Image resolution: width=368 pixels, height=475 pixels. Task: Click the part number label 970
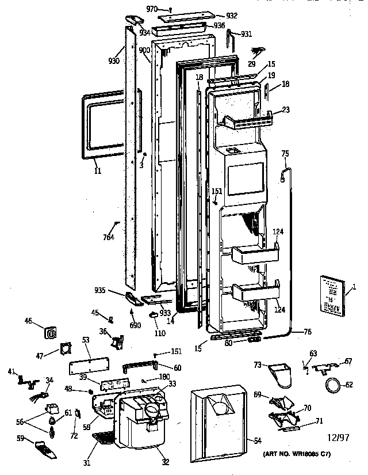pyautogui.click(x=152, y=9)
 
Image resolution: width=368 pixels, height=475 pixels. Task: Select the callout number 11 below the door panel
pyautogui.click(x=97, y=170)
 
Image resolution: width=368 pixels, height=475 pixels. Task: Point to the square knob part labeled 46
pyautogui.click(x=51, y=332)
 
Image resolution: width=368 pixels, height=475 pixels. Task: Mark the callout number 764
pyautogui.click(x=108, y=237)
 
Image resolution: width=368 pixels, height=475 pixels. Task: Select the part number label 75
pyautogui.click(x=285, y=153)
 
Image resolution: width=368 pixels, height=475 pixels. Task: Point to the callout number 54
pyautogui.click(x=258, y=440)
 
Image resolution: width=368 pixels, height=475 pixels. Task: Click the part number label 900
pyautogui.click(x=144, y=51)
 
